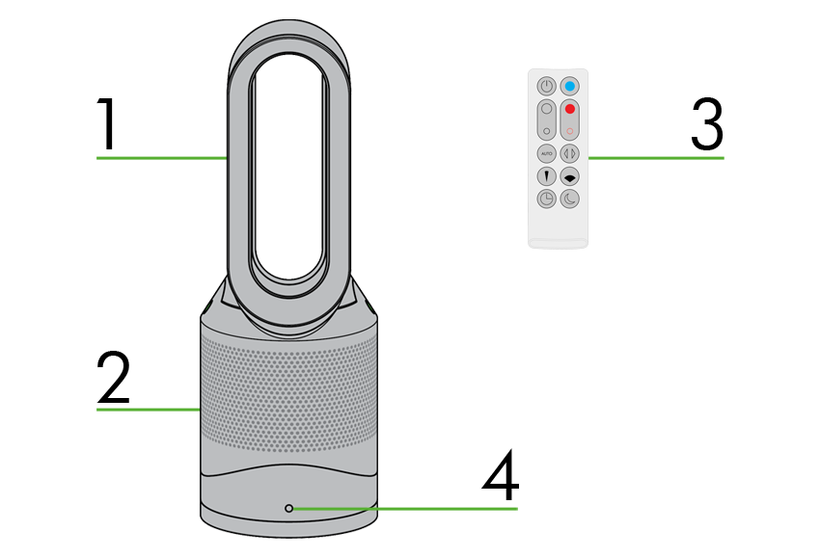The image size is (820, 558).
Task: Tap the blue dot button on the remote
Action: pos(569,86)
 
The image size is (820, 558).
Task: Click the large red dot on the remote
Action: pos(569,109)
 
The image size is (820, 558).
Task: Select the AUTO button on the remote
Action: pos(546,153)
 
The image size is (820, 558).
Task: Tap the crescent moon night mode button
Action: pos(569,199)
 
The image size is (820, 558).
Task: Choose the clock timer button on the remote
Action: pos(546,199)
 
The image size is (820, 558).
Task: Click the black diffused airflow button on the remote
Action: pos(569,176)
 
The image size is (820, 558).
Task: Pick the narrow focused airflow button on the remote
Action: pos(546,176)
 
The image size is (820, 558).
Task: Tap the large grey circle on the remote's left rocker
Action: pos(546,109)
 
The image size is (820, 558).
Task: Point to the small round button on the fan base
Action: pos(289,508)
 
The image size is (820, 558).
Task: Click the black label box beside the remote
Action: pos(707,123)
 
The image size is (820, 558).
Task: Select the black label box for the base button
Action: pos(499,473)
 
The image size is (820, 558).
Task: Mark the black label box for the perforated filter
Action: pos(112,376)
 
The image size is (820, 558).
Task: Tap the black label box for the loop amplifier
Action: pos(104,123)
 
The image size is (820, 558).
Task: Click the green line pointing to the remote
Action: pos(656,157)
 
